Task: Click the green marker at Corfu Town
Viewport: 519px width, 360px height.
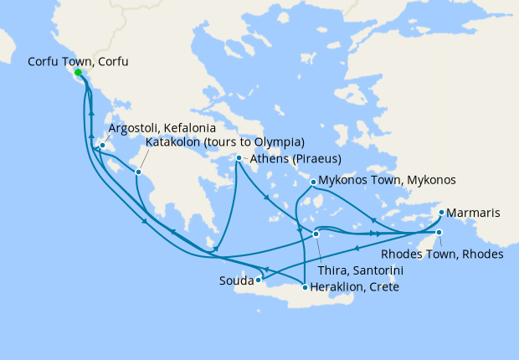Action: (79, 73)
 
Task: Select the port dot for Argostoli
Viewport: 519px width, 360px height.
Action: (102, 147)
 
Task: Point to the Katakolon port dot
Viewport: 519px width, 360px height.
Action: (140, 173)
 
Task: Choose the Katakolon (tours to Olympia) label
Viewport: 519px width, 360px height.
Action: (224, 142)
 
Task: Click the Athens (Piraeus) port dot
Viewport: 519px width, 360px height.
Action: (239, 158)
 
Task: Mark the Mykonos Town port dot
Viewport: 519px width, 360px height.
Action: (313, 182)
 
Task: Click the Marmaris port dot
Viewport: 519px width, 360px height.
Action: (441, 213)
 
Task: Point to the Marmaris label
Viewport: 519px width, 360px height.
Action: (474, 213)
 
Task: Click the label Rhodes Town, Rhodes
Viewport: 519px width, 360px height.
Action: (442, 254)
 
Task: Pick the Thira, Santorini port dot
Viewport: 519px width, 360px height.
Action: (316, 234)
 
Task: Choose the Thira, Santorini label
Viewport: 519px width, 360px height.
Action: (362, 270)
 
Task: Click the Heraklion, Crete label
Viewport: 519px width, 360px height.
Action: (354, 287)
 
